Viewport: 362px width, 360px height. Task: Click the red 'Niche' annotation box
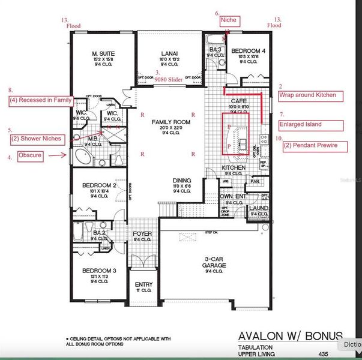pyautogui.click(x=229, y=21)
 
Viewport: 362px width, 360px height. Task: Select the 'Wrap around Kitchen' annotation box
pyautogui.click(x=310, y=95)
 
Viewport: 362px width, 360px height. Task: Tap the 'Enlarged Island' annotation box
pyautogui.click(x=310, y=125)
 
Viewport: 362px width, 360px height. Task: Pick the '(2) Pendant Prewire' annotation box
pyautogui.click(x=310, y=145)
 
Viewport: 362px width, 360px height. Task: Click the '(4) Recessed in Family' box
pyautogui.click(x=40, y=101)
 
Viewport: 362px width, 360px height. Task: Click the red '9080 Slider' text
pyautogui.click(x=167, y=79)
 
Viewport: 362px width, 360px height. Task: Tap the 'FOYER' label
pyautogui.click(x=142, y=233)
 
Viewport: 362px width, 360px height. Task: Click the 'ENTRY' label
pyautogui.click(x=143, y=284)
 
